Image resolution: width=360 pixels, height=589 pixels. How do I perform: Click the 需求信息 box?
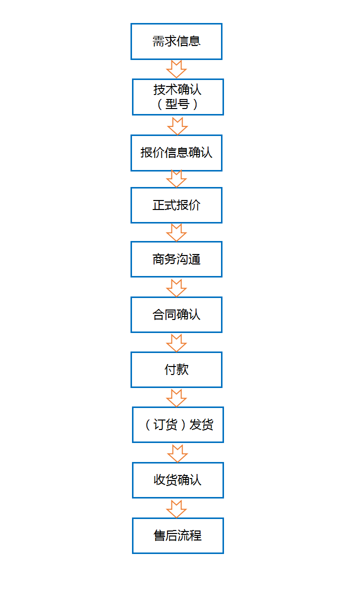point(176,41)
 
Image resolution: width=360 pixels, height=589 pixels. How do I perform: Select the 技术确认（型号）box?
point(177,97)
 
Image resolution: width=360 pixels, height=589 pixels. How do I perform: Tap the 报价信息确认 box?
point(176,153)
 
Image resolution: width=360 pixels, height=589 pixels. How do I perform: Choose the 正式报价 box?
point(176,205)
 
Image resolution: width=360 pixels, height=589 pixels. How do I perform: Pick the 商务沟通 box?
point(176,259)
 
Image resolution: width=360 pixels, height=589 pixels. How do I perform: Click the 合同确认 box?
point(176,315)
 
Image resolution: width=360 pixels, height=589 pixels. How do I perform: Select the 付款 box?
point(176,369)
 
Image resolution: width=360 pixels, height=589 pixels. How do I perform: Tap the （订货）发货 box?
point(177,425)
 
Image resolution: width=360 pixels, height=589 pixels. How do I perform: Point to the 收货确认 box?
point(177,480)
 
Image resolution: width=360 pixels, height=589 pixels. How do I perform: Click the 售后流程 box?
point(177,535)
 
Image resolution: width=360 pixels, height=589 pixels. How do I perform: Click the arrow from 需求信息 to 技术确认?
point(176,69)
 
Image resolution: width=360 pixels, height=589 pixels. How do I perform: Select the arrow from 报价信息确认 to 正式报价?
point(176,179)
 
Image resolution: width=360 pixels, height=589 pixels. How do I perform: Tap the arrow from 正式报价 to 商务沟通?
point(176,233)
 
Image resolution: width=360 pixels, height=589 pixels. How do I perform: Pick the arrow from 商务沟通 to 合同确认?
point(176,288)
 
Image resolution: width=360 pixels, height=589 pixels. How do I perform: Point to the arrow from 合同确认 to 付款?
point(176,343)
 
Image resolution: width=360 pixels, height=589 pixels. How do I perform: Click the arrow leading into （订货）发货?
point(176,398)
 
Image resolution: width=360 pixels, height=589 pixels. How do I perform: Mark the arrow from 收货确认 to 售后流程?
point(176,509)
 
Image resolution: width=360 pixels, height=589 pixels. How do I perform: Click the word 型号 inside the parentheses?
point(177,104)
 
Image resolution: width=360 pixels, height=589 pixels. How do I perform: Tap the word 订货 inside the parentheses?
point(165,425)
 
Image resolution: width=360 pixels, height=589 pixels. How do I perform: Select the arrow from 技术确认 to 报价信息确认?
point(177,126)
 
